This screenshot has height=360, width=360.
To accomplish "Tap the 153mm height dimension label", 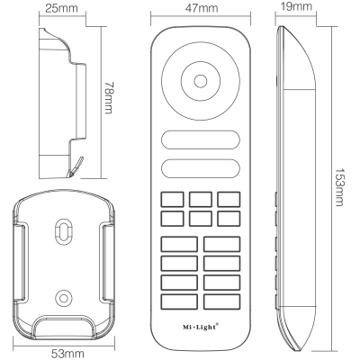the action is pyautogui.click(x=339, y=187).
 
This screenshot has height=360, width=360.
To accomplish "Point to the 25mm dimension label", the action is pyautogui.click(x=61, y=8).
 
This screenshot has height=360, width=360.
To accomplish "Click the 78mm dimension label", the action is pyautogui.click(x=108, y=98).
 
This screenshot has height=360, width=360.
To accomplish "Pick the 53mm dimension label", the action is pyautogui.click(x=67, y=354).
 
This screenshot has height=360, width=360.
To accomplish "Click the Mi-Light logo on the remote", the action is pyautogui.click(x=200, y=327).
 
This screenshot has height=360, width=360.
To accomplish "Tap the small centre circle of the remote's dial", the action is pyautogui.click(x=201, y=81).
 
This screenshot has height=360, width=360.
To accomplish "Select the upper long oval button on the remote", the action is pyautogui.click(x=201, y=139).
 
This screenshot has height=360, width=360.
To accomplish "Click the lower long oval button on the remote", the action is pyautogui.click(x=201, y=168).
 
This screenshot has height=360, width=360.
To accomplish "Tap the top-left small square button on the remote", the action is pyautogui.click(x=172, y=200).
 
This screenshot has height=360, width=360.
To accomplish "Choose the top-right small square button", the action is pyautogui.click(x=229, y=200).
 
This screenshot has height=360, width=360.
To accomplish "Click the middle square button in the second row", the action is pyautogui.click(x=201, y=219).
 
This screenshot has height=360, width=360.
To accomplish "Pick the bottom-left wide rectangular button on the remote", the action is pyautogui.click(x=179, y=301).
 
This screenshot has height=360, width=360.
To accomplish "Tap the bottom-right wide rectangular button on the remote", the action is pyautogui.click(x=221, y=301).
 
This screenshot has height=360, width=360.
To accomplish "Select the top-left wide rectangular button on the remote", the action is pyautogui.click(x=179, y=244).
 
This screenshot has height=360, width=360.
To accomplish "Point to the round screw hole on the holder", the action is pyautogui.click(x=63, y=298).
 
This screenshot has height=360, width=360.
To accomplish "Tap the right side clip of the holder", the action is pyautogui.click(x=107, y=262).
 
